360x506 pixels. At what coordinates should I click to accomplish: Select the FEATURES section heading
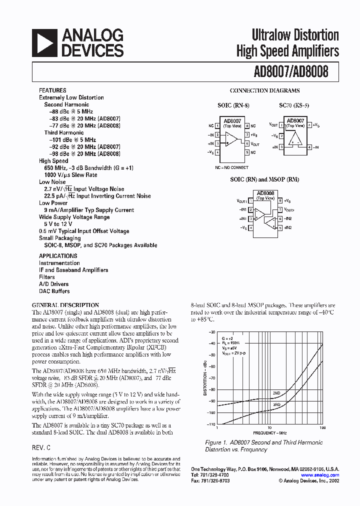[52, 90]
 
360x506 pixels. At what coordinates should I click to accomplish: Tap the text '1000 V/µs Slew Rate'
[70, 175]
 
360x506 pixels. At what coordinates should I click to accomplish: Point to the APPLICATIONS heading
[58, 255]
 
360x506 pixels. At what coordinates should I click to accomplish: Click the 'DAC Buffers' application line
[54, 291]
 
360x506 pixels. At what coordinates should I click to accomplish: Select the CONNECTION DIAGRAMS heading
[264, 90]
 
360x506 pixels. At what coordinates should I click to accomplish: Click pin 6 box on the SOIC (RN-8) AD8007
[247, 143]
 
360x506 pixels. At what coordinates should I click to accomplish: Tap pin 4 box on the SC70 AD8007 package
[309, 147]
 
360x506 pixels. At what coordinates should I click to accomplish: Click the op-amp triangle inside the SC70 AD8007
[295, 138]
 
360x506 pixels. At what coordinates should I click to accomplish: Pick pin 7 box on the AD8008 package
[280, 210]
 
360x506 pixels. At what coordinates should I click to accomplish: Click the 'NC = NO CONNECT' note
[231, 167]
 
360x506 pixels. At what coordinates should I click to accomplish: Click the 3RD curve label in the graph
[276, 404]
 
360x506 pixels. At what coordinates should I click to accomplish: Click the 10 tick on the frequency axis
[269, 428]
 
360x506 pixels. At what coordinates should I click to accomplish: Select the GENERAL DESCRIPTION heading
[65, 305]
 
